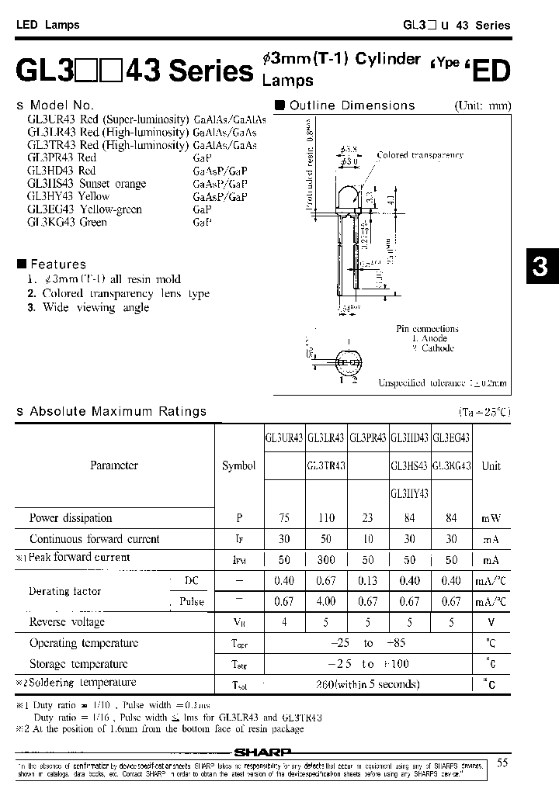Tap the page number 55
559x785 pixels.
[x=503, y=763]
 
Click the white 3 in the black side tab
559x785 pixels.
[x=540, y=267]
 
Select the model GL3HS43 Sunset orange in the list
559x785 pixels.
[x=86, y=184]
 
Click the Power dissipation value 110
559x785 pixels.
[x=326, y=518]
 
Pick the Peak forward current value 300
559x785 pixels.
[x=326, y=559]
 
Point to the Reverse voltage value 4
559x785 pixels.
[x=285, y=622]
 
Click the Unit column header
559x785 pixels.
[x=491, y=466]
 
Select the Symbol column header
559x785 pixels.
[x=238, y=466]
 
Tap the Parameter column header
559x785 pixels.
[x=114, y=465]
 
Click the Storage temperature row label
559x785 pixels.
[x=78, y=664]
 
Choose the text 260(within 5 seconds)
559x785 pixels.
[x=368, y=684]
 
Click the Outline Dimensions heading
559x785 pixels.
[x=352, y=105]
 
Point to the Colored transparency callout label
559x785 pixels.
[x=419, y=155]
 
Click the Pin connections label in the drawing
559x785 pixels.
[x=427, y=329]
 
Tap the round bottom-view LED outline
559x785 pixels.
[x=348, y=362]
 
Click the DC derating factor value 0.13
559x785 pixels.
[x=368, y=581]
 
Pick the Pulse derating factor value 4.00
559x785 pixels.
[x=326, y=602]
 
